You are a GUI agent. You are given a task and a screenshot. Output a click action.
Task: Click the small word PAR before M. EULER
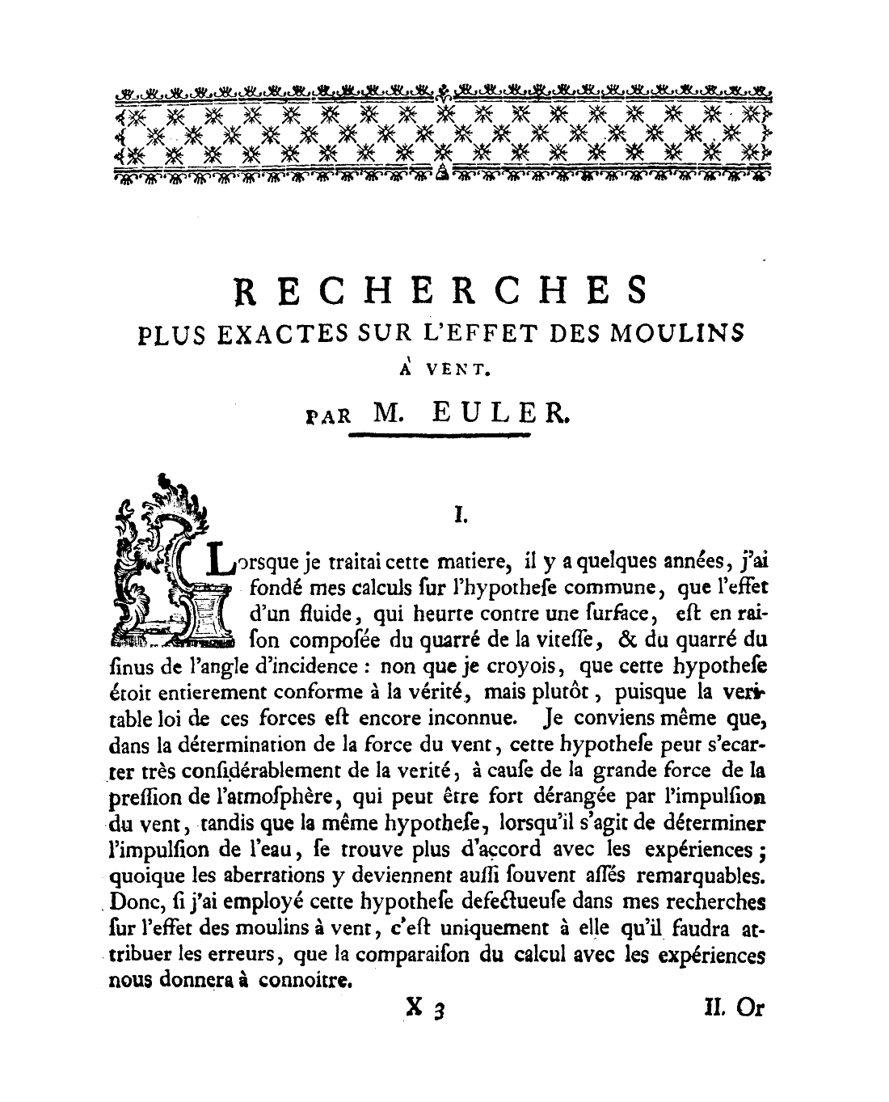(x=329, y=416)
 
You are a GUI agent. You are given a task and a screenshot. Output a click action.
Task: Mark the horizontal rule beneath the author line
(x=440, y=437)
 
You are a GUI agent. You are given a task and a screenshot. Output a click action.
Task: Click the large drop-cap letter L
(x=218, y=559)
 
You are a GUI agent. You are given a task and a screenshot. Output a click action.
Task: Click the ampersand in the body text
(x=626, y=639)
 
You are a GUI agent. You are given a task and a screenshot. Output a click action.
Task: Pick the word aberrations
(x=259, y=876)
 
